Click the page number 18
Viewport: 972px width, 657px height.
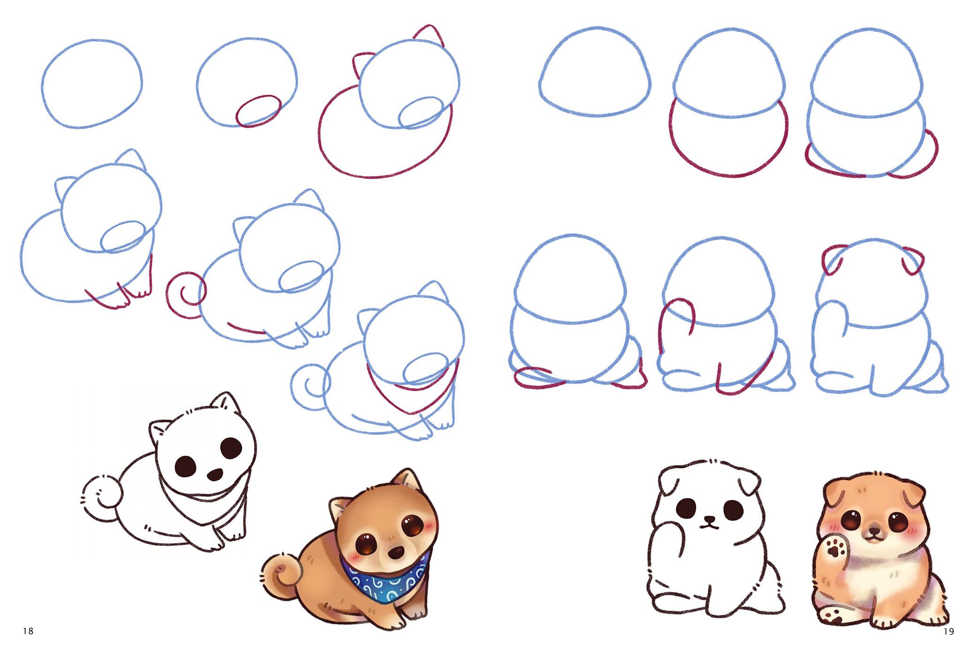28,631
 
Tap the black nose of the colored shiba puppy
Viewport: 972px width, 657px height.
397,552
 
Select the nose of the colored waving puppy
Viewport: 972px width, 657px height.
873,532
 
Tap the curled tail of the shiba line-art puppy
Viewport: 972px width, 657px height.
102,499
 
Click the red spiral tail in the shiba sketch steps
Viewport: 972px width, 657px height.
186,295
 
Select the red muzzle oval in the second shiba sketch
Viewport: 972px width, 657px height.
259,111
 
